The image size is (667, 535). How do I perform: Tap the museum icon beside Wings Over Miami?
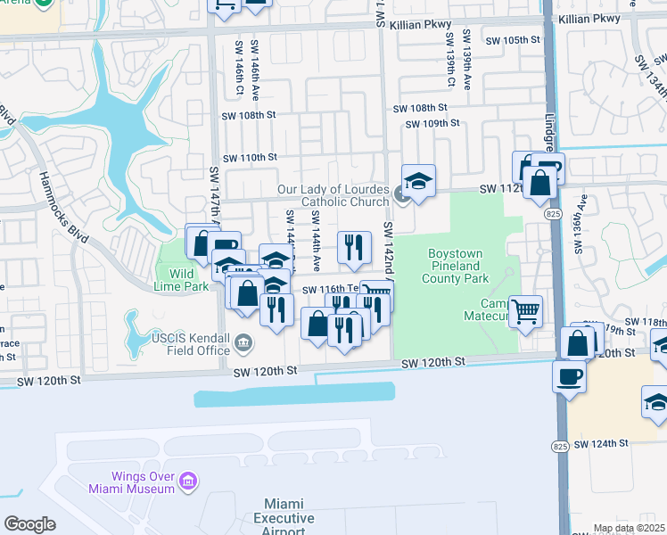click(187, 482)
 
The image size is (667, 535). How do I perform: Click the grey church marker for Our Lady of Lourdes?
click(401, 193)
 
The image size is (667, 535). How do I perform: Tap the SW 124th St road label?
click(602, 443)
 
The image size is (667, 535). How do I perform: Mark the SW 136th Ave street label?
click(581, 230)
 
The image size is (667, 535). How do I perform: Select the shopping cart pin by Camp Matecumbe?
click(526, 311)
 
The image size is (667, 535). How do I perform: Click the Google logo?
click(29, 524)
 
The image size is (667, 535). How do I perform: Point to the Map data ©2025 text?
click(629, 528)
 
